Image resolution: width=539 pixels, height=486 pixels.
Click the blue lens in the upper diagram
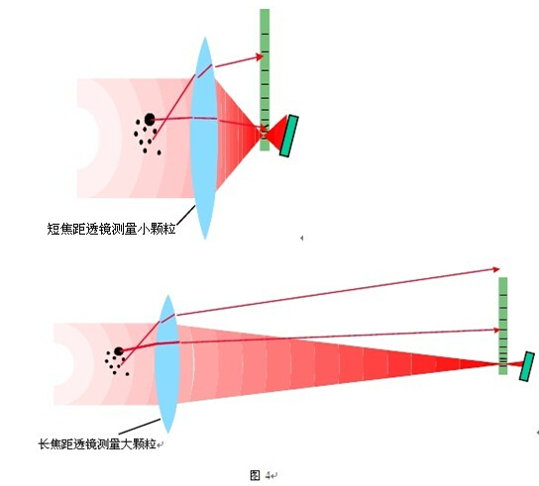coord(205,138)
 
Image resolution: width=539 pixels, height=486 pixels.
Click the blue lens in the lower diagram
coord(167,363)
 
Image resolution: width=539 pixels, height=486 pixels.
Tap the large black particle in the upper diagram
coord(150,119)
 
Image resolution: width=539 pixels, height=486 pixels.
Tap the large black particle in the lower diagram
coord(119,351)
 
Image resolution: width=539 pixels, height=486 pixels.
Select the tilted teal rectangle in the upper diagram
coord(289,136)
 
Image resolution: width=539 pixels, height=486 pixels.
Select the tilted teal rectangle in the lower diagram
coord(527,366)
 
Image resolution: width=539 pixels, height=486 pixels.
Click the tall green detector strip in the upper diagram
coord(265,80)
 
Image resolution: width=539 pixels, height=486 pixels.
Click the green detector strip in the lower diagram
coord(503,326)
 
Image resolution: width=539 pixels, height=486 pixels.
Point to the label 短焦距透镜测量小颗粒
coord(111,229)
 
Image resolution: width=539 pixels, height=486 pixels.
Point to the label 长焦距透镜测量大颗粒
coord(97,444)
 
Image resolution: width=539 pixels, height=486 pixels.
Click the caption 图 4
coord(261,475)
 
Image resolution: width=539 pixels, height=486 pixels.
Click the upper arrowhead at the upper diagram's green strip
coord(260,56)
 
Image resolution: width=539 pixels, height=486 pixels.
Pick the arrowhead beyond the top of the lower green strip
coord(495,269)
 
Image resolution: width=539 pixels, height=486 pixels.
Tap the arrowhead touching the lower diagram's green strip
coord(496,330)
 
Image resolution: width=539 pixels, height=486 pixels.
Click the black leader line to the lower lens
coord(140,427)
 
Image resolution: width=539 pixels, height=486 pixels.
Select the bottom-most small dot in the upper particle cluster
coord(159,152)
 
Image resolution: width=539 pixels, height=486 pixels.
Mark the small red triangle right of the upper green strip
coord(277,133)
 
